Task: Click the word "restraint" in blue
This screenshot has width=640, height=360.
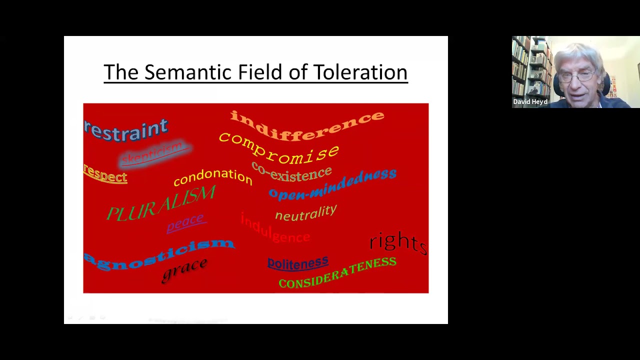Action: [126, 130]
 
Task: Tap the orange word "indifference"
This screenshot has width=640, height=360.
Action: [307, 125]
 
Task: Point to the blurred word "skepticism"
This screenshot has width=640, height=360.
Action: [153, 153]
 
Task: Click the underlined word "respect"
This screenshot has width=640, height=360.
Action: [105, 175]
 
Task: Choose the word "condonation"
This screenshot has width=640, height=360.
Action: [213, 176]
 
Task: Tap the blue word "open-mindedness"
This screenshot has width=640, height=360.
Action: [332, 184]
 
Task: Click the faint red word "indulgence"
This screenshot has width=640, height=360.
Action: [275, 229]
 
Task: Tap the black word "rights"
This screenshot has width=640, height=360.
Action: [398, 242]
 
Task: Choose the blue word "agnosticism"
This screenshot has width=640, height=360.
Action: [159, 253]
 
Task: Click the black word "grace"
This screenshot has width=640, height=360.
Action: [184, 269]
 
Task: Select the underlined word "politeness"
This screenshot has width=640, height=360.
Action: [297, 263]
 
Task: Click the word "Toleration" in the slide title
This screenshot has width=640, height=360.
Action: [360, 72]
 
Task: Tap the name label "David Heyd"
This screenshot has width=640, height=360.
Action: [530, 102]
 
